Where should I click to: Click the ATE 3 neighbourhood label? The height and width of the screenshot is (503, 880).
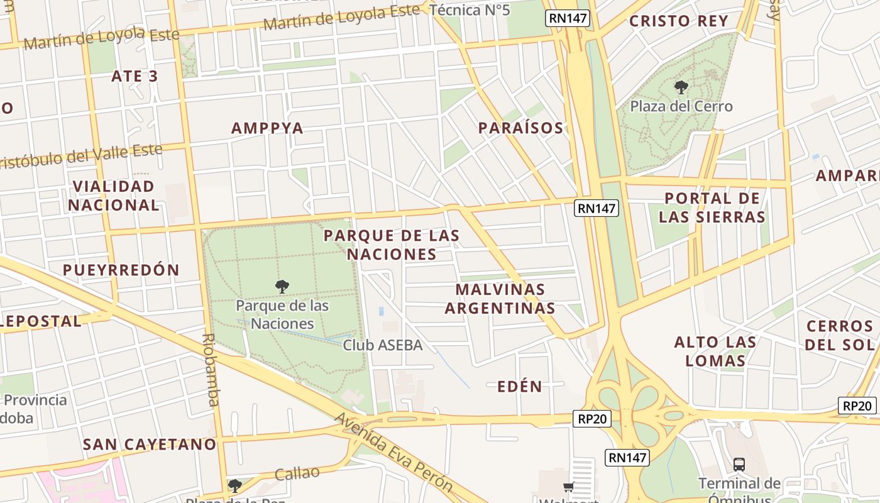tap(135, 76)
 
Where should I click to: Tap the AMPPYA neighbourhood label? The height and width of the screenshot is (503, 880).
tap(267, 128)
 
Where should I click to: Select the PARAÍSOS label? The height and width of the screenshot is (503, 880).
tap(520, 128)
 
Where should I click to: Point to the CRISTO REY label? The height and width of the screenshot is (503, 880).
tap(678, 21)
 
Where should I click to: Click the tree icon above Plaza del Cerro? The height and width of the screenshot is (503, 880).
tap(681, 87)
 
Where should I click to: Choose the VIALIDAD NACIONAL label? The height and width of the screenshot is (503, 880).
tap(114, 196)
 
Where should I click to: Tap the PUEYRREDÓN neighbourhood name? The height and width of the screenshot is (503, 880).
tap(121, 270)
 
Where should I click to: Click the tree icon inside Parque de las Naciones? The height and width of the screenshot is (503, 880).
tap(282, 287)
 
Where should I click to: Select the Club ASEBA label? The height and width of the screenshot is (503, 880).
tap(382, 345)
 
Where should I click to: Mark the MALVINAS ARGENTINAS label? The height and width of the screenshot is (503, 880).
tap(500, 299)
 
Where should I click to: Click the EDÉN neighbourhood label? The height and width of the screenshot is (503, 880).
tap(519, 387)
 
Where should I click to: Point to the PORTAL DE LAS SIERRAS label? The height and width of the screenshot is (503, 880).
tap(712, 208)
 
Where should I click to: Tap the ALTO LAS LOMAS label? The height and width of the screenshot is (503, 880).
tap(715, 351)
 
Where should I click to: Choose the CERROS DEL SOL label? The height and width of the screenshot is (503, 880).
tap(840, 336)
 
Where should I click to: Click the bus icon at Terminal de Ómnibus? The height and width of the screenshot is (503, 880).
tap(739, 465)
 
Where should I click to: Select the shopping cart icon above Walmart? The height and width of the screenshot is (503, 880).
tap(568, 487)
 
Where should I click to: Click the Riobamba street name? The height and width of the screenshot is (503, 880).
tap(211, 370)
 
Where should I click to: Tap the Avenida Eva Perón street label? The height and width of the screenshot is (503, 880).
tap(393, 452)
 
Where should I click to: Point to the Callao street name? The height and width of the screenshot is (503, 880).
tap(297, 473)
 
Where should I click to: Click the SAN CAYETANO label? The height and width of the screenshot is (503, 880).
tap(150, 445)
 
